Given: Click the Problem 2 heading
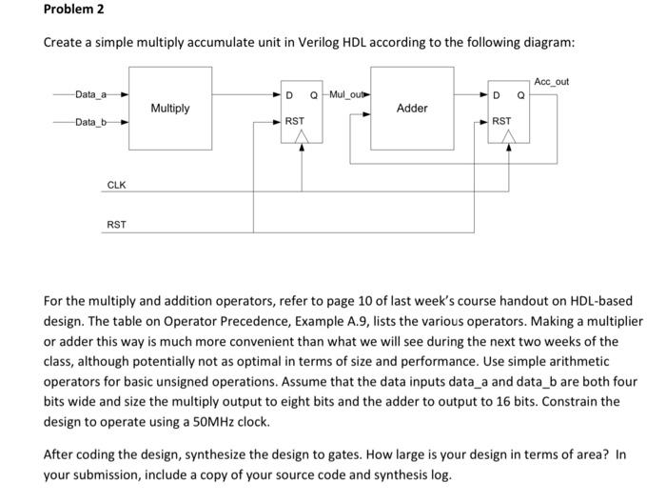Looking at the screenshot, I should click(x=73, y=10).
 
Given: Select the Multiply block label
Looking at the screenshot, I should click(x=169, y=109).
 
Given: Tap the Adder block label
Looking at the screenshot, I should click(x=411, y=109).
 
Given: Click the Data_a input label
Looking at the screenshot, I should click(x=91, y=94).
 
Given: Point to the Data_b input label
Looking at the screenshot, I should click(x=91, y=122).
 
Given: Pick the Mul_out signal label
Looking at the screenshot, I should click(x=347, y=94).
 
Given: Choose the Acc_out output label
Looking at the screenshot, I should click(x=552, y=82).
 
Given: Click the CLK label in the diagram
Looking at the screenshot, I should click(x=116, y=184).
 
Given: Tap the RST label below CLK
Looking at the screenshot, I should click(x=116, y=225).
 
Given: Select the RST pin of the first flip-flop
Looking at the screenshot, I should click(x=295, y=122).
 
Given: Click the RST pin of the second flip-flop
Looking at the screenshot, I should click(x=500, y=122).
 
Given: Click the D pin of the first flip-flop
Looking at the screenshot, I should click(x=289, y=95).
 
